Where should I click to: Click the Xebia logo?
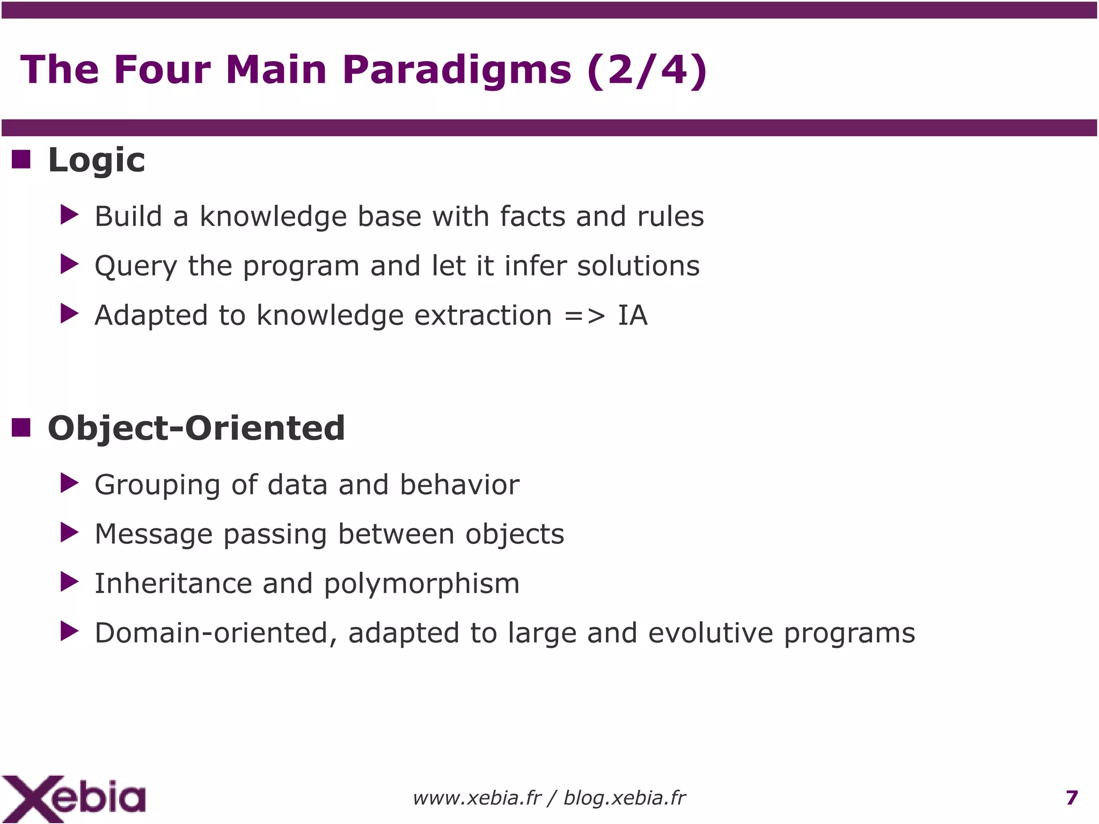tap(74, 798)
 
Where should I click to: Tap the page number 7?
tap(1072, 798)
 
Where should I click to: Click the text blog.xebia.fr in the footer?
tap(624, 798)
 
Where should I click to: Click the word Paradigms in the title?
tap(457, 71)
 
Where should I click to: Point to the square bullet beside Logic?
tap(21, 159)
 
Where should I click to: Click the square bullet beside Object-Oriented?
tap(21, 428)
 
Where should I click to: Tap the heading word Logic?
tap(97, 161)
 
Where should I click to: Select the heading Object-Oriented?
tap(196, 428)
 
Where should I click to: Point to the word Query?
tap(136, 266)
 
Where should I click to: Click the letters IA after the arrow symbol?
tap(633, 315)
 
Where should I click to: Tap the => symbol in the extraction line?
tap(584, 316)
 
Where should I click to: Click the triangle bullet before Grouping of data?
tap(69, 483)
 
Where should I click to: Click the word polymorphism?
tap(422, 584)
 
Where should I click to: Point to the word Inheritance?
tap(173, 584)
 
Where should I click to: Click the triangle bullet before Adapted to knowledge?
tap(69, 313)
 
